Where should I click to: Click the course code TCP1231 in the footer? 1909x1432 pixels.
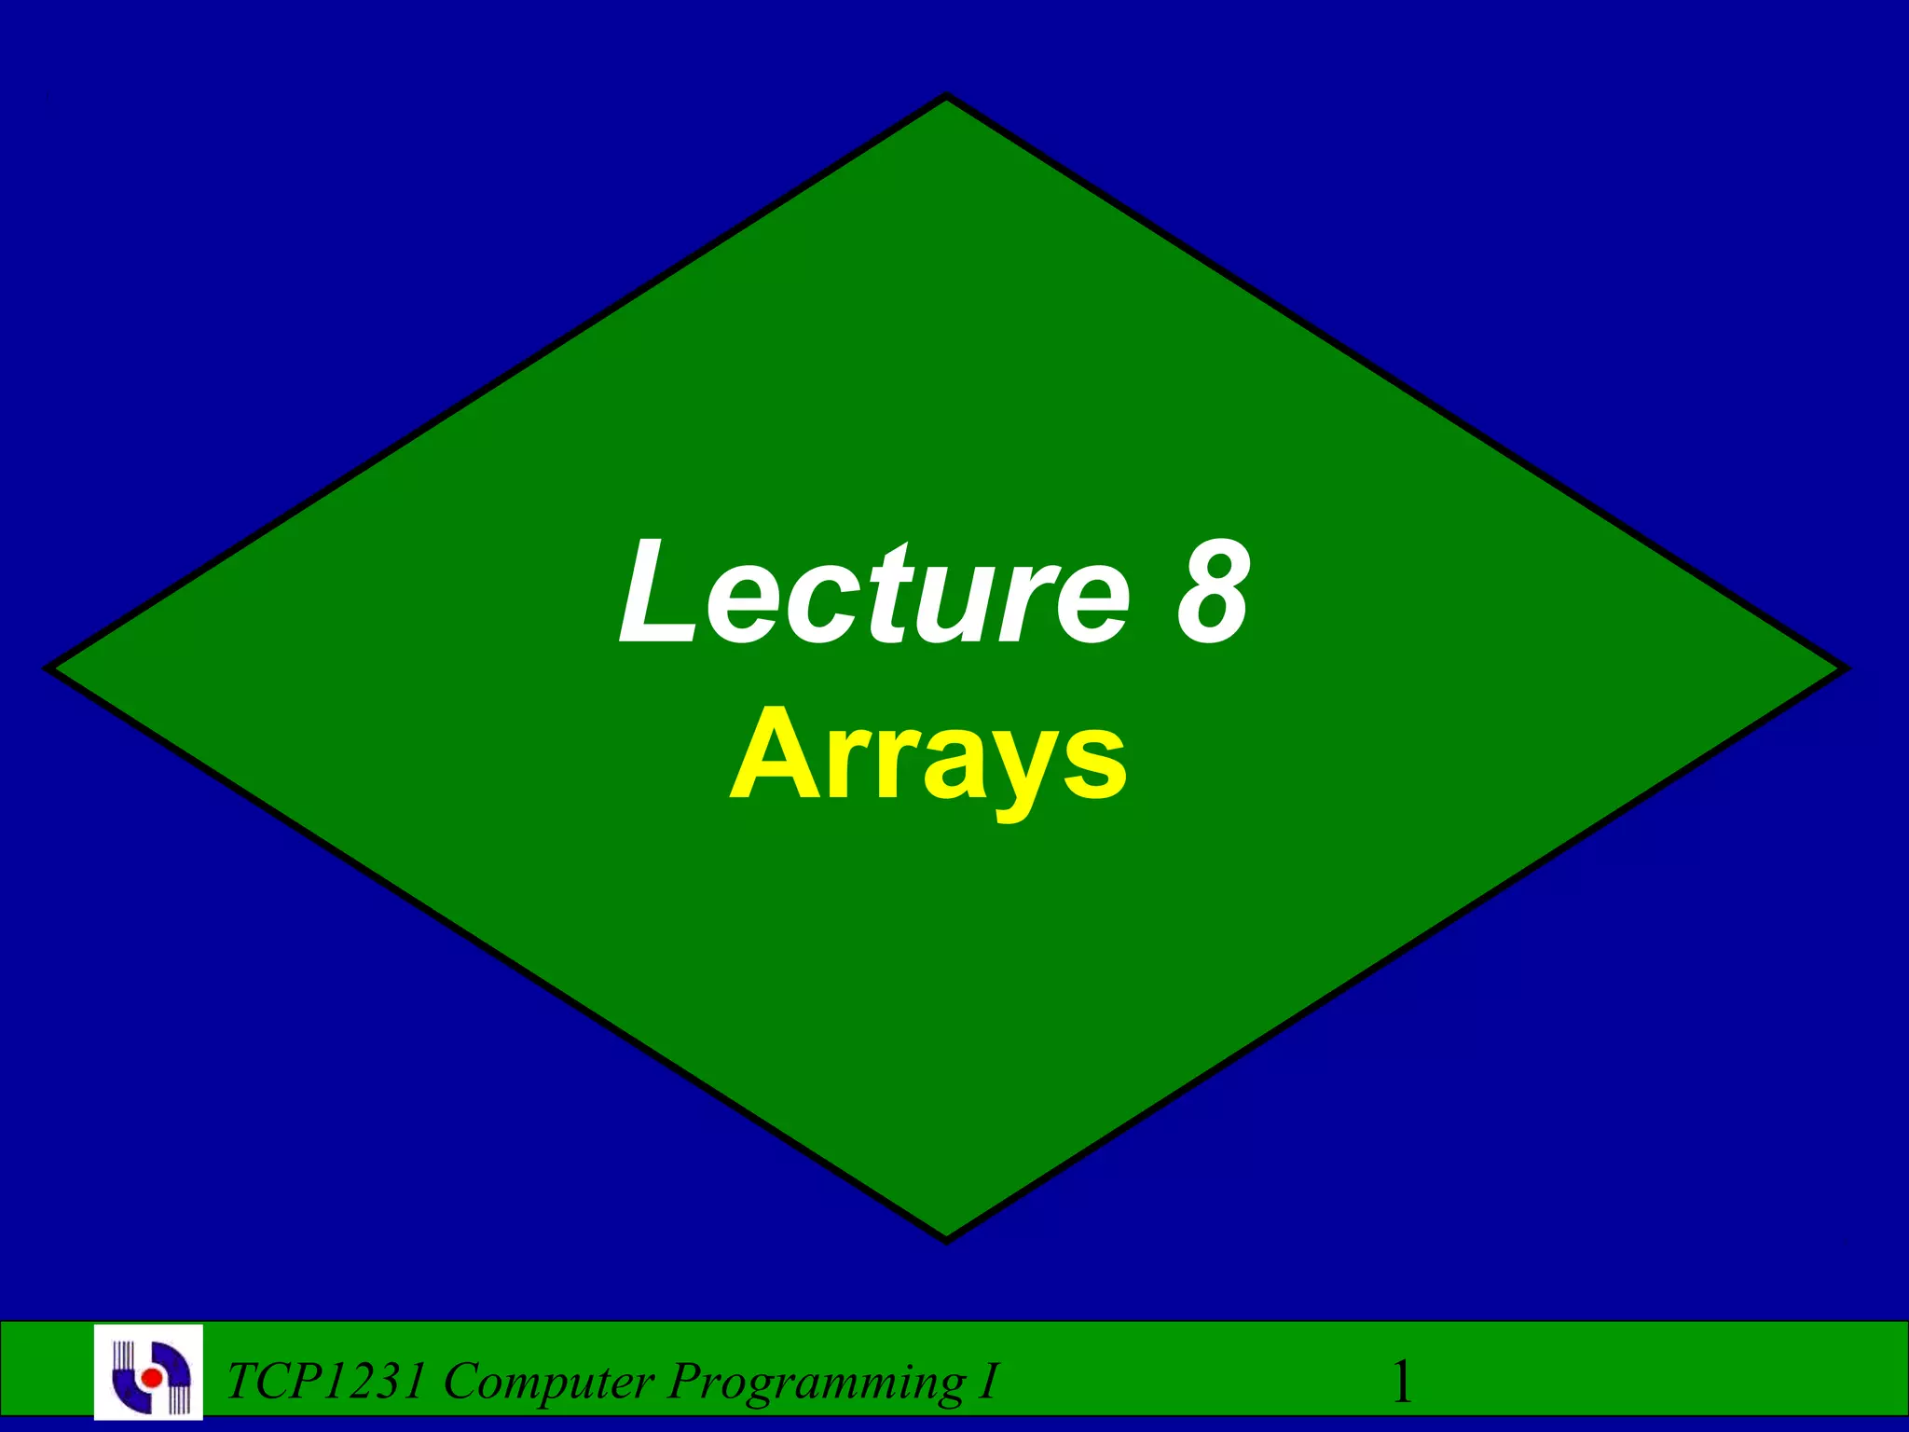coord(327,1381)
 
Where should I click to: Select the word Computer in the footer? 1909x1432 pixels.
coord(549,1381)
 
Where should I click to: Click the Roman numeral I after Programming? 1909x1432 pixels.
coord(988,1381)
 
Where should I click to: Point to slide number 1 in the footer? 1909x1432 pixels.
coord(1401,1382)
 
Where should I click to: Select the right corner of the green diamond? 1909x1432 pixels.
coord(1842,668)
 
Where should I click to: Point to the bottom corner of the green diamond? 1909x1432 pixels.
coord(947,1238)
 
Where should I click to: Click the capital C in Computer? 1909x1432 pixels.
coord(461,1381)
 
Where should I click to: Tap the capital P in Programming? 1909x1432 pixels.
coord(683,1381)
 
